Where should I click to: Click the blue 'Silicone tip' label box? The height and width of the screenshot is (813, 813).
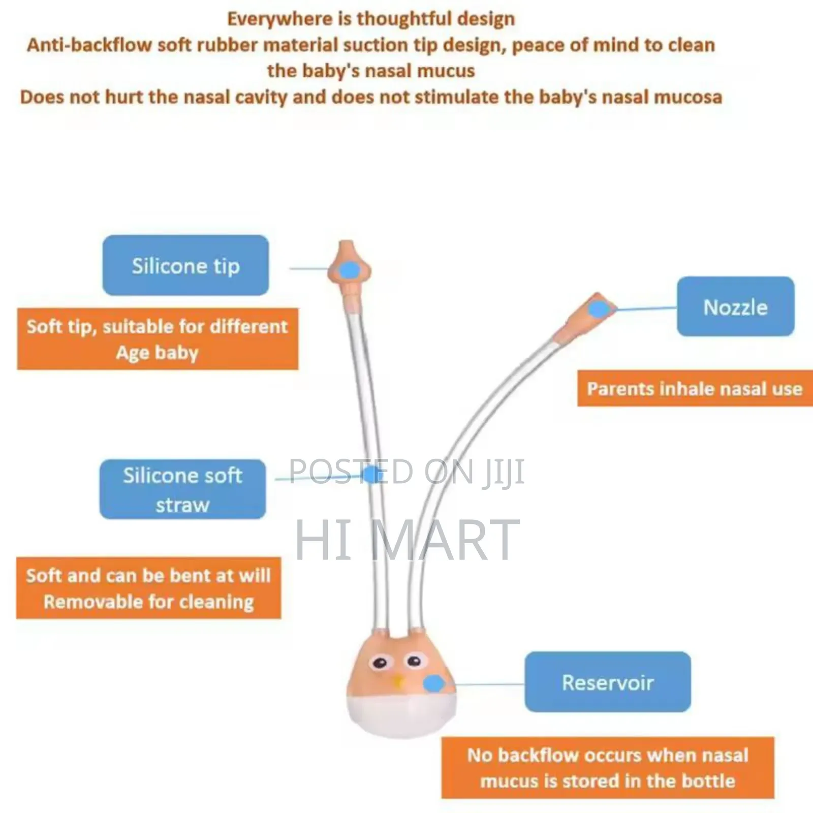(185, 265)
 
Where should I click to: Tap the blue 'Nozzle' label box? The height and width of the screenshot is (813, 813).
(735, 306)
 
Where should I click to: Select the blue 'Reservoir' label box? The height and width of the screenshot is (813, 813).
(608, 682)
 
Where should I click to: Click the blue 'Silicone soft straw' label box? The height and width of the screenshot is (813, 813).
(182, 489)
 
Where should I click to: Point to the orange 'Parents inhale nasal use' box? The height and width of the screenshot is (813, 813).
(695, 389)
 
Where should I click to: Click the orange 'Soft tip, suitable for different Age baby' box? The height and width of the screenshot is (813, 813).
(158, 339)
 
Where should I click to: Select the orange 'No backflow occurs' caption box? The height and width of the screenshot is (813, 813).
(608, 768)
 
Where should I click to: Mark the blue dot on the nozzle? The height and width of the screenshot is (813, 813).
(599, 308)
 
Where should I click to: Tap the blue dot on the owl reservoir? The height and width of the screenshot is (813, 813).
(433, 683)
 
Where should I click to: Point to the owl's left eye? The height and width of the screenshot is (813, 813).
(379, 663)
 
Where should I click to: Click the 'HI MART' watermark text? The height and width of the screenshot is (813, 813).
(407, 540)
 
